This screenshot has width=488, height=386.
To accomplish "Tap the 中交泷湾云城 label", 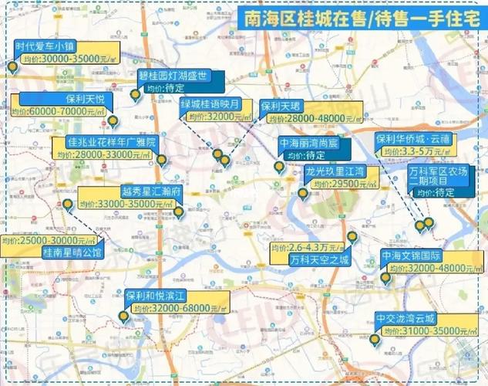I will (406, 318).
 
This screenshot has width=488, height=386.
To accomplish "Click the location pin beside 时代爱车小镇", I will (12, 68).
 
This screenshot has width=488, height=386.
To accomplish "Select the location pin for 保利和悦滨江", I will (123, 316).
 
